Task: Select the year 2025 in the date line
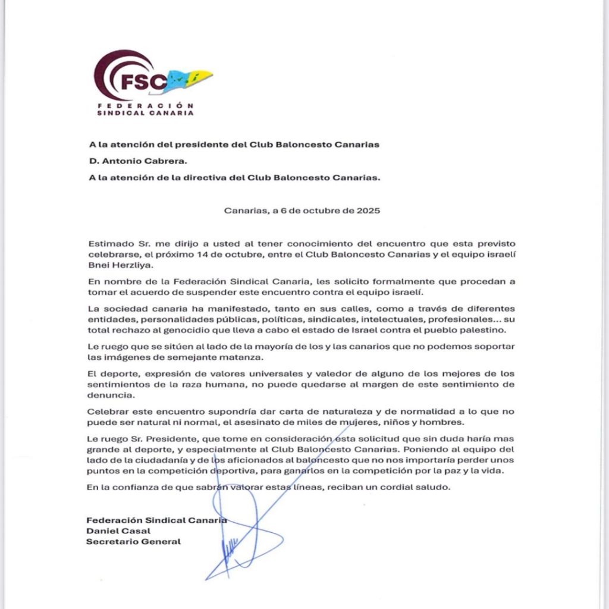pyautogui.click(x=368, y=210)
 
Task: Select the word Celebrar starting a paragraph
pyautogui.click(x=106, y=411)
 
